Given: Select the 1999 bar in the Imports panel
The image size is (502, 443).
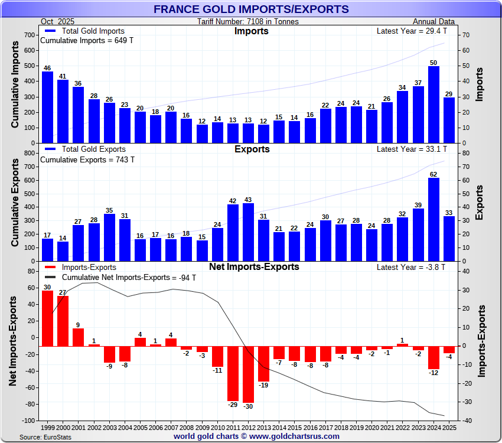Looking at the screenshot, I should (x=47, y=107).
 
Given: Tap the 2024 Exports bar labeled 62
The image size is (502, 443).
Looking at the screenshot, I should (x=433, y=219).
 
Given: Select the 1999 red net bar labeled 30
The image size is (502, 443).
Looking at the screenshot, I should (x=47, y=318).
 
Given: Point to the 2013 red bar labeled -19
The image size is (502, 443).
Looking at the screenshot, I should (x=263, y=363).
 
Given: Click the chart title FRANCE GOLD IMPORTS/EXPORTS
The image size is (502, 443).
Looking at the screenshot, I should (x=251, y=9).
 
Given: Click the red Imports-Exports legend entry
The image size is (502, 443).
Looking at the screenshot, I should (x=83, y=268).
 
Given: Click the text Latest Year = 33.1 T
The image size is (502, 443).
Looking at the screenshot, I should (x=412, y=149).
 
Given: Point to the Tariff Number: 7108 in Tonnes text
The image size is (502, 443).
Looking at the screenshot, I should (x=248, y=22).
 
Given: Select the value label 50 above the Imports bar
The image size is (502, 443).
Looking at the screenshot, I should (x=433, y=62).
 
